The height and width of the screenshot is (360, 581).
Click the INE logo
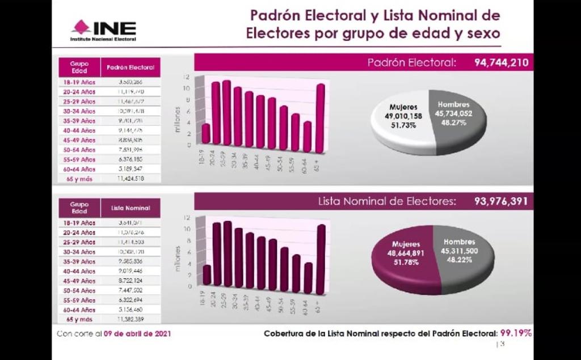[x=103, y=31]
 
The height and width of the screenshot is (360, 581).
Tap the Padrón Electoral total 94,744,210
[x=501, y=62]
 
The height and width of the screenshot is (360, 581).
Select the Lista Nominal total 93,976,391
[x=501, y=201]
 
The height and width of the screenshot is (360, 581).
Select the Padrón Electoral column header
[x=130, y=68]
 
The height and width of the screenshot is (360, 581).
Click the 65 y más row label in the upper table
[x=79, y=179]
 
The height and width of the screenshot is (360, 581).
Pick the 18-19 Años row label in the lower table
[x=79, y=223]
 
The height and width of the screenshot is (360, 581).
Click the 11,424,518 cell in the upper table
[x=130, y=179]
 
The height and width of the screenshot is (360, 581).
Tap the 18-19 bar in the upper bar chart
[x=206, y=134]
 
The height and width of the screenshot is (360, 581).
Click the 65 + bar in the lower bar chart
[x=321, y=259]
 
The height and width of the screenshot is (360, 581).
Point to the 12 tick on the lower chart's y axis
[x=185, y=218]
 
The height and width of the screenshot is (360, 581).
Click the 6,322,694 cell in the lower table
[x=130, y=300]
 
